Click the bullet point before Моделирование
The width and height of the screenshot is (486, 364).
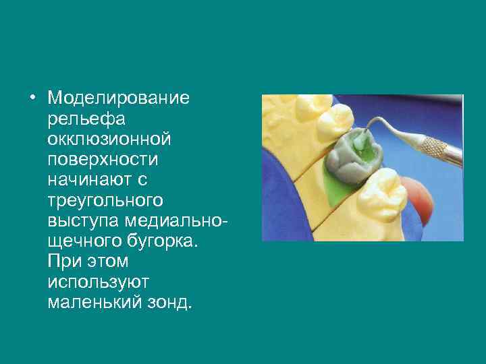point(32,99)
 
